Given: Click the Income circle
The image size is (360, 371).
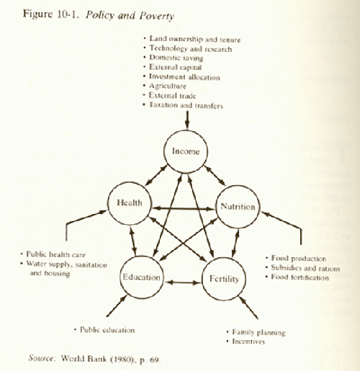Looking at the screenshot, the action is coord(164,151).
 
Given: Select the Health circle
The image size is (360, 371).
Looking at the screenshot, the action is coord(107,203).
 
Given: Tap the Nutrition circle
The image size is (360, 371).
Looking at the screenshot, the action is coord(216,207).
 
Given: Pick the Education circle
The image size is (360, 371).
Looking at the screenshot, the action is coord(120,277).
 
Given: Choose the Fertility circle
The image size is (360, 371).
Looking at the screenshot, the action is coord(202,279).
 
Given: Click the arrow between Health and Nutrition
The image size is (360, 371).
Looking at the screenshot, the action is coord(184,209).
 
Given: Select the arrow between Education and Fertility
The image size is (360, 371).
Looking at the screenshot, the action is coord(183,282).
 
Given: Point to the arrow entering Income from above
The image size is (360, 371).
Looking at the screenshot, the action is coord(187,120).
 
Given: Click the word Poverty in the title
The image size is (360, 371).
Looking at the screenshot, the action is coord(156,17).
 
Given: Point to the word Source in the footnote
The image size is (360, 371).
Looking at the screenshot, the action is coord(42,358).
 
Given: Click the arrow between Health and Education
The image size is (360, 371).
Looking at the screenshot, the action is coord(132,241).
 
